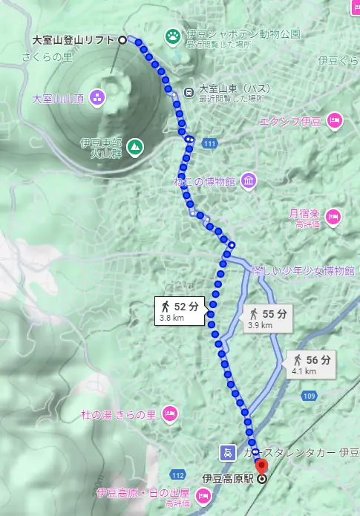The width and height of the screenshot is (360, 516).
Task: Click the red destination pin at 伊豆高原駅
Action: tap(260, 466)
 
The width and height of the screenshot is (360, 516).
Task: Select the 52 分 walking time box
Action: tap(180, 310)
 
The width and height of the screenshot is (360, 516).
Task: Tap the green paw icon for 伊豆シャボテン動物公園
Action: tap(173, 35)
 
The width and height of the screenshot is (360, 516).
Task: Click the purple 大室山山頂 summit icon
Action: tap(96, 97)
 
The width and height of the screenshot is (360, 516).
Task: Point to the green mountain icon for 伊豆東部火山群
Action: tap(134, 147)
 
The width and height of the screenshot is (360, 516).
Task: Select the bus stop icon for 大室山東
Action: tap(189, 91)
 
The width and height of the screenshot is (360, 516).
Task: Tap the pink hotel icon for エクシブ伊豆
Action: tap(334, 120)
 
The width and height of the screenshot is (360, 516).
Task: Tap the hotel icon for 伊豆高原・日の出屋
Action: tap(203, 493)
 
